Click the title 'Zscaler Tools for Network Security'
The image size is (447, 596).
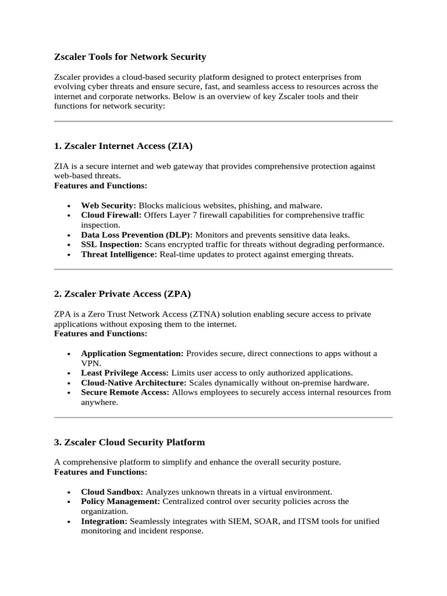130,57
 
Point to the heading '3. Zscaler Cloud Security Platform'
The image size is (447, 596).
129,442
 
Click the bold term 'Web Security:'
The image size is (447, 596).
108,205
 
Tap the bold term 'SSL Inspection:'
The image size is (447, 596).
111,244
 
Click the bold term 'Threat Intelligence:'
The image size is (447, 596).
119,254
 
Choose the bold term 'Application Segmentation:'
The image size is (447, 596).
132,353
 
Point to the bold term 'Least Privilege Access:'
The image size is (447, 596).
125,372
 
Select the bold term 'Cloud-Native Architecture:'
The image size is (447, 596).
134,382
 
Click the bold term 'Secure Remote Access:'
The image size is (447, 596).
125,392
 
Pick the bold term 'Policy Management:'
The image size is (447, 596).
120,501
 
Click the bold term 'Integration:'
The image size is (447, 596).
104,521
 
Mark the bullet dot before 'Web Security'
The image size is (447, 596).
69,206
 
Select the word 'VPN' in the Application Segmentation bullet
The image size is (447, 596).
90,363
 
